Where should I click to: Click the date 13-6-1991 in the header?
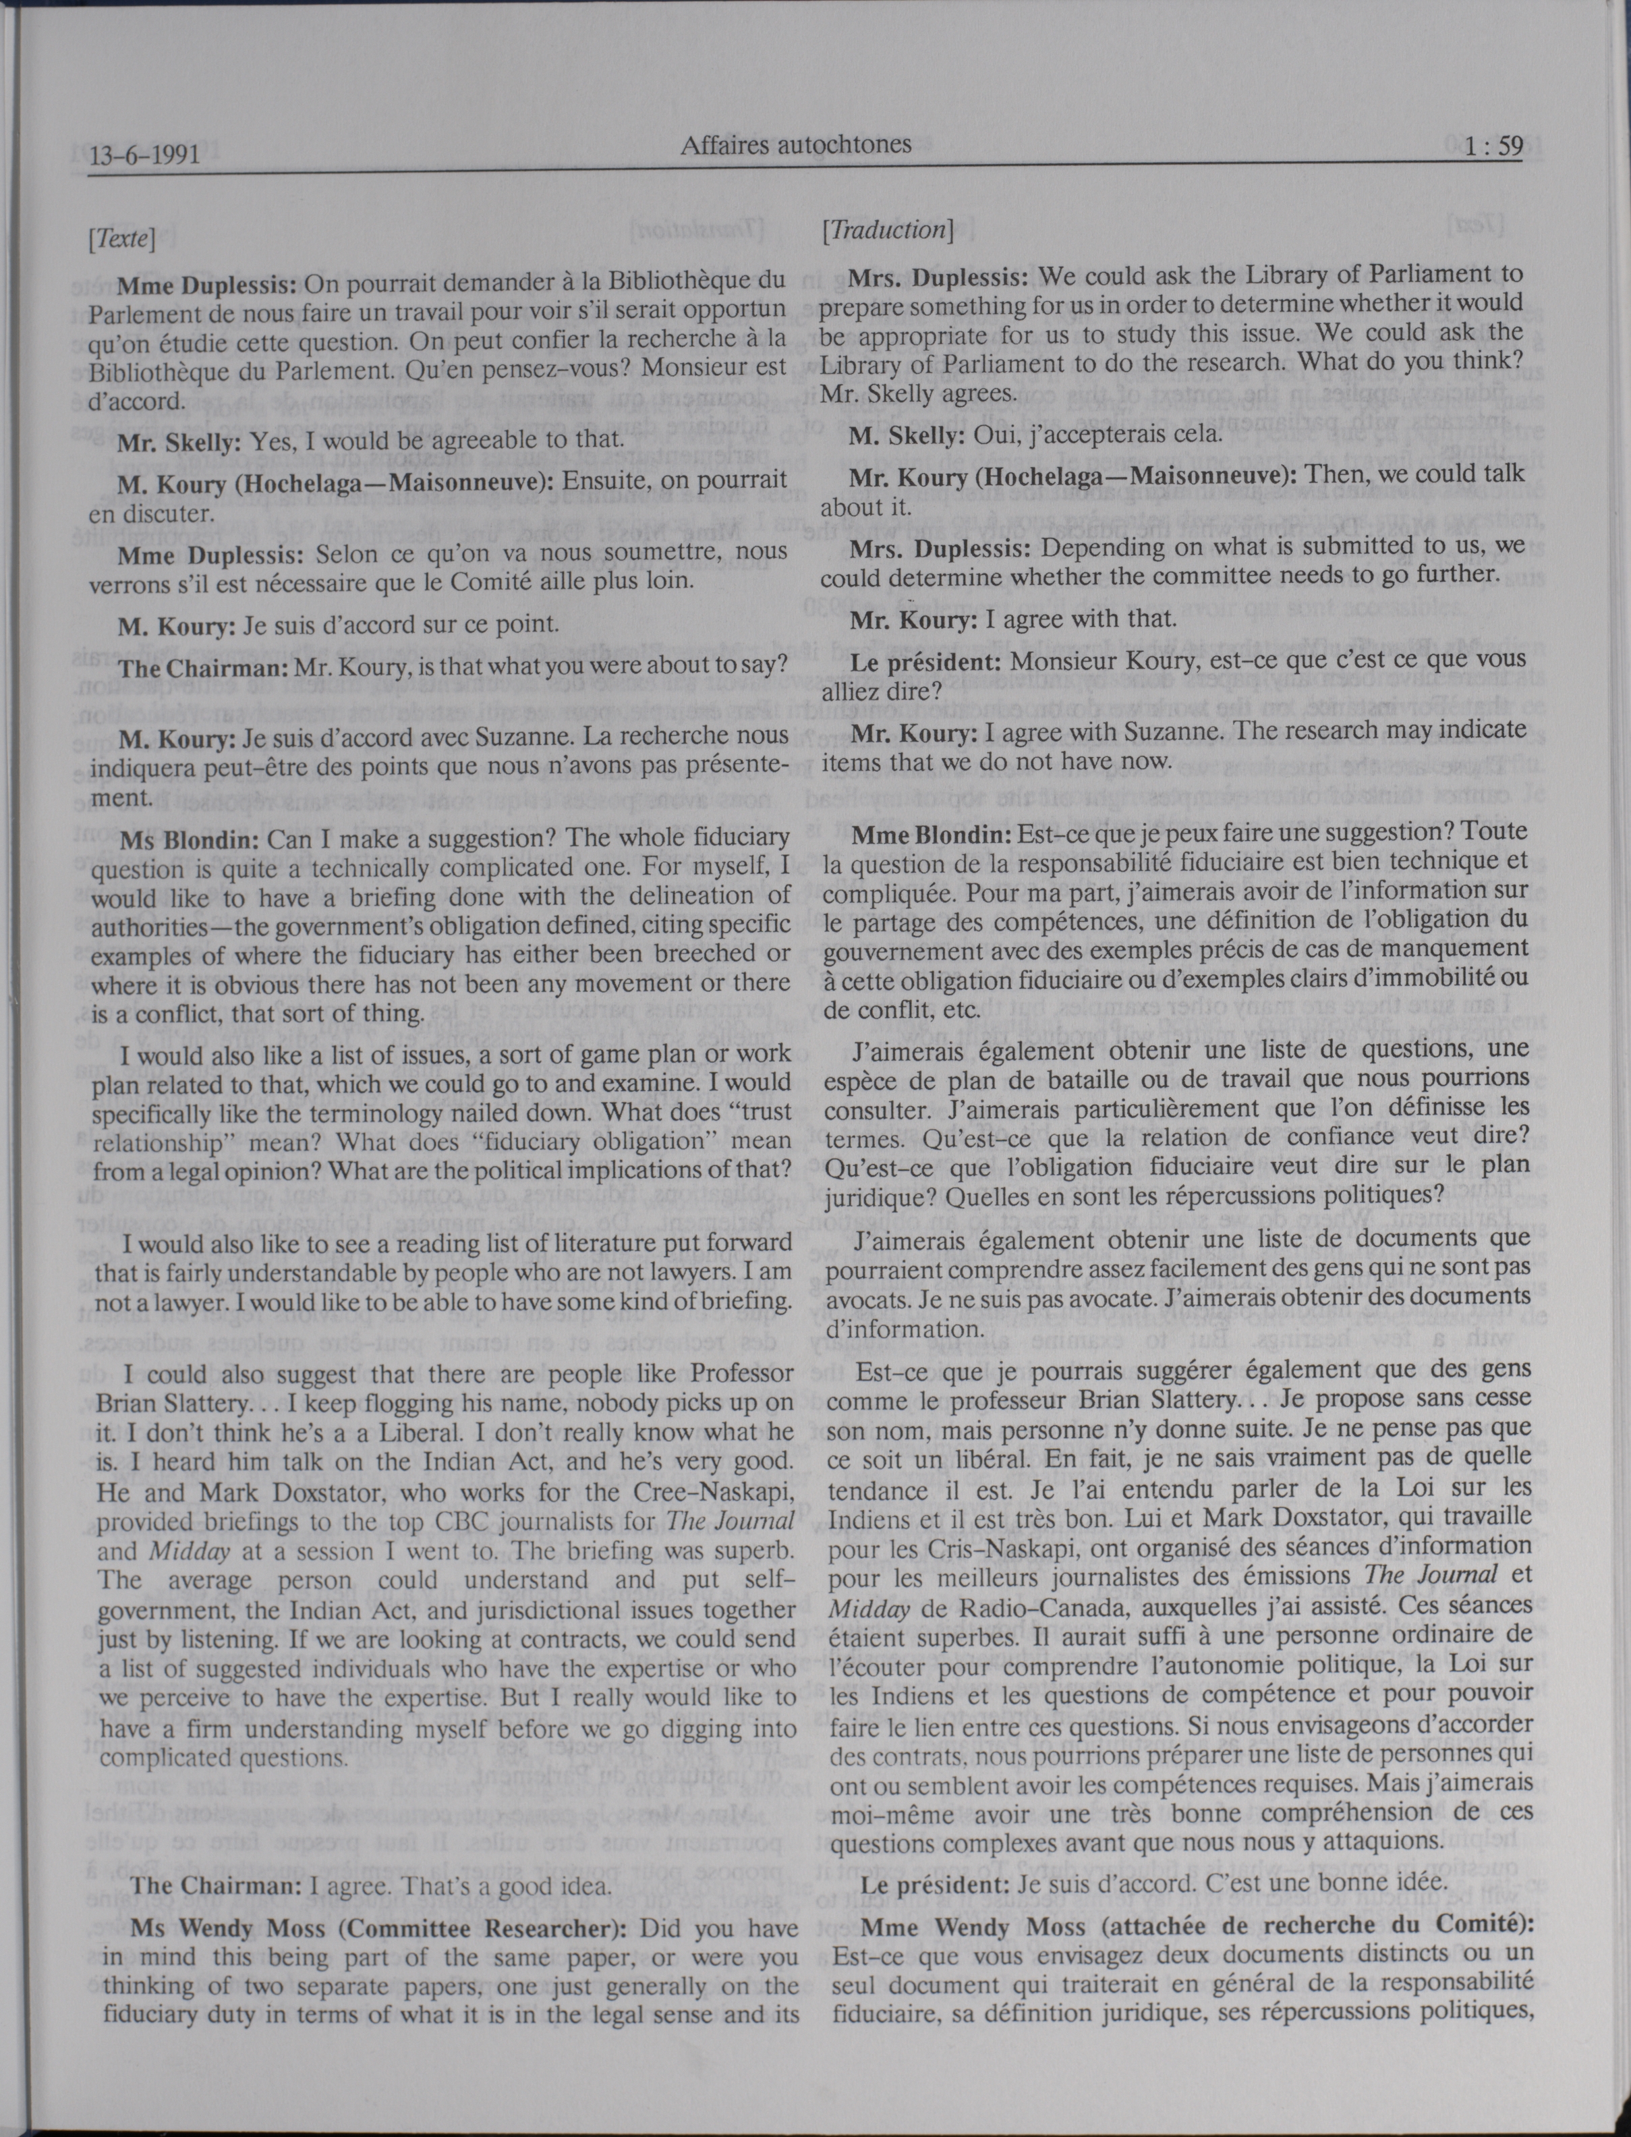tap(144, 155)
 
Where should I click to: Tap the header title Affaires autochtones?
tap(795, 146)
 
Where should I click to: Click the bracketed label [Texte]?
tap(121, 239)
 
